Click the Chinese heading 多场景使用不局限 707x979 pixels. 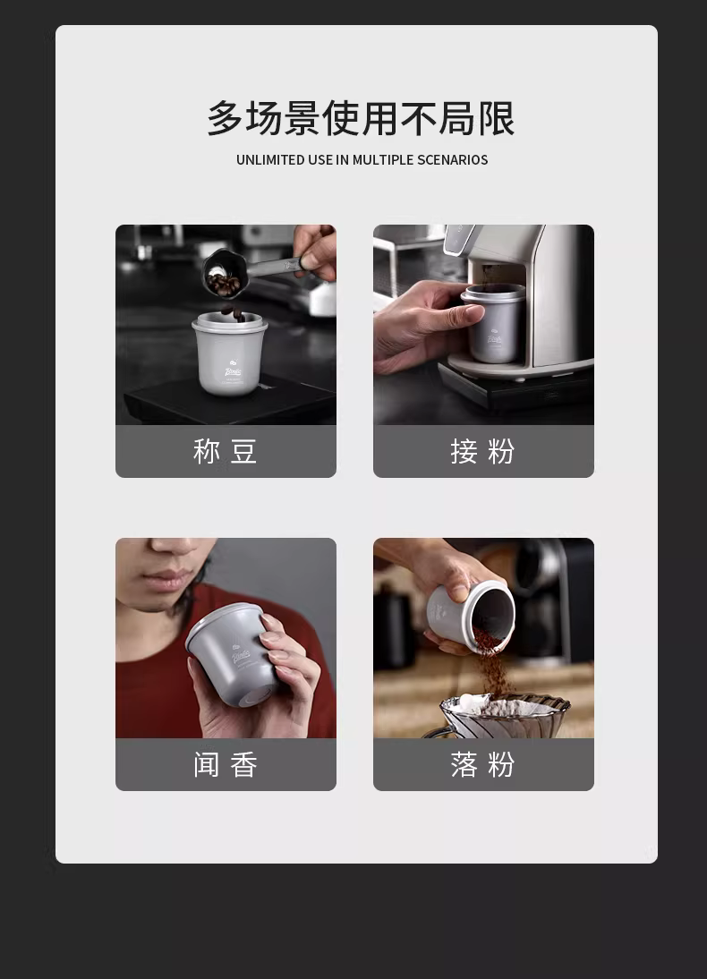click(x=361, y=118)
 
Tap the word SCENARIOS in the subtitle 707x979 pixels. click(x=452, y=160)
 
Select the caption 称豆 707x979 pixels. click(x=225, y=451)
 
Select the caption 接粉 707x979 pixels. click(x=482, y=451)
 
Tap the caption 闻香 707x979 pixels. click(x=225, y=764)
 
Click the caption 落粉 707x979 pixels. click(x=482, y=764)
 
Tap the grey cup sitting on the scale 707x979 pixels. click(x=229, y=353)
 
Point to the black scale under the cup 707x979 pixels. click(x=229, y=400)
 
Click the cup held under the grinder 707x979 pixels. click(x=493, y=323)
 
